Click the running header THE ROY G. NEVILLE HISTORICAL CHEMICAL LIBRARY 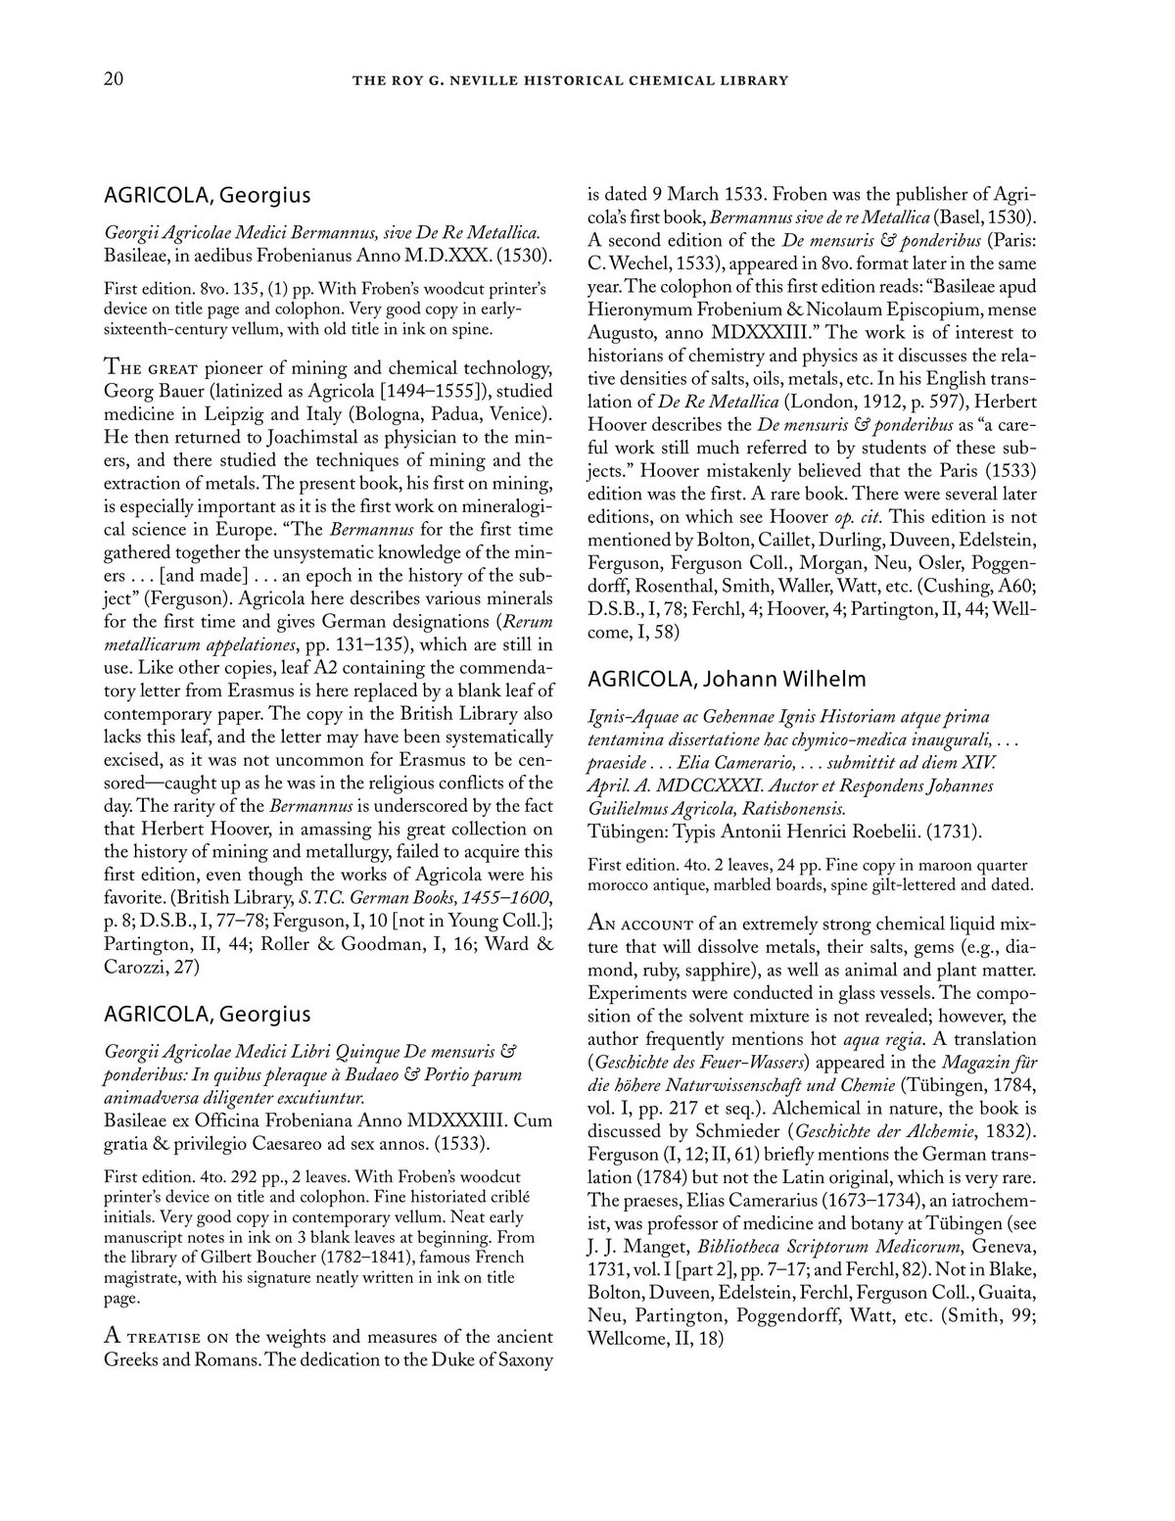point(570,81)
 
